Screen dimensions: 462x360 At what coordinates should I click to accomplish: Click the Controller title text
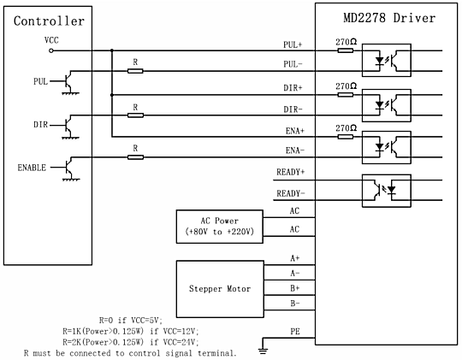click(x=49, y=21)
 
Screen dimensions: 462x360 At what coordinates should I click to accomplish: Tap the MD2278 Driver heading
click(x=389, y=18)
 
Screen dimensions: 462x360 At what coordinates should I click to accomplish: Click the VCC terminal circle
click(x=51, y=50)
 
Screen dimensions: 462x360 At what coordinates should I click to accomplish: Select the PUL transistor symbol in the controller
click(x=68, y=81)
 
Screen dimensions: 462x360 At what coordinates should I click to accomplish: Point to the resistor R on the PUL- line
click(x=135, y=71)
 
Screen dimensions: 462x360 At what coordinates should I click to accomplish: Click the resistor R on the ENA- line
click(x=135, y=157)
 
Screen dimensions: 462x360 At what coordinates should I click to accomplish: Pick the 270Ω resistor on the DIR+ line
click(x=346, y=95)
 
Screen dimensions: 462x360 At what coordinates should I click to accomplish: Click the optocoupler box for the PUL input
click(x=386, y=61)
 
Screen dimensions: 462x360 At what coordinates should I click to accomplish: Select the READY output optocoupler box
click(x=386, y=191)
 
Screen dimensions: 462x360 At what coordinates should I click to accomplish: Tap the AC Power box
click(x=220, y=227)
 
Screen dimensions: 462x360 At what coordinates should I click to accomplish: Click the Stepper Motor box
click(x=220, y=289)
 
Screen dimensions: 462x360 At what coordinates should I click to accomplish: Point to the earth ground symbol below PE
click(x=263, y=351)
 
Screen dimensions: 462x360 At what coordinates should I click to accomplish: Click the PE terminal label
click(x=295, y=332)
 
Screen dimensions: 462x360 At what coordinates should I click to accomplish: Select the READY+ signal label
click(x=291, y=172)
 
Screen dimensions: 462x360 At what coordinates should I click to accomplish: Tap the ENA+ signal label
click(x=295, y=131)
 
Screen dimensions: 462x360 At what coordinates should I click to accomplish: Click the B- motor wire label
click(x=295, y=304)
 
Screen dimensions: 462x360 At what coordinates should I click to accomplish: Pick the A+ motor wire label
click(x=295, y=258)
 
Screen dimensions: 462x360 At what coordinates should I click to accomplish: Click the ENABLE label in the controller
click(x=32, y=168)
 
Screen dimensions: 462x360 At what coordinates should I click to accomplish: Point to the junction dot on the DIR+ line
click(x=112, y=95)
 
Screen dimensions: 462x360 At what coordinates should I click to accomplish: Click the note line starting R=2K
click(x=131, y=342)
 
